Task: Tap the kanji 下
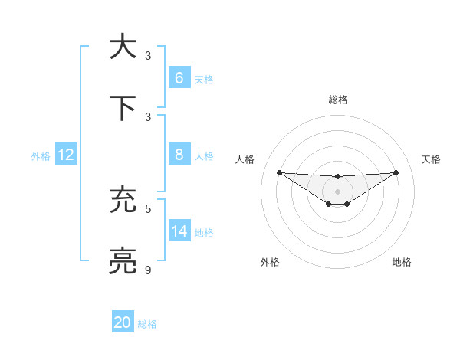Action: [123, 108]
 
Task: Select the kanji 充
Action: [123, 200]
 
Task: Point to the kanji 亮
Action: [123, 261]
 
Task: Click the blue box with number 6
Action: [179, 77]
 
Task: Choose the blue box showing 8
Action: [179, 154]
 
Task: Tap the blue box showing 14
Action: [179, 231]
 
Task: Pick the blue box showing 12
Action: [65, 154]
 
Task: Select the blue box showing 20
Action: [123, 322]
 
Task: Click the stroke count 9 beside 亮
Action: [149, 270]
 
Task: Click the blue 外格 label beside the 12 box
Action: [41, 156]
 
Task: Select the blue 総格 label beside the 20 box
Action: [147, 325]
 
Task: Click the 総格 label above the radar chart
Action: [337, 100]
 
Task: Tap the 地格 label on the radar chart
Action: [402, 263]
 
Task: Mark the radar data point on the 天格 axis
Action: [396, 172]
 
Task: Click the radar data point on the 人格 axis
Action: [279, 172]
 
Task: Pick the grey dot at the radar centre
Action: [337, 191]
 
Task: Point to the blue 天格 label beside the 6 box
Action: [204, 80]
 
